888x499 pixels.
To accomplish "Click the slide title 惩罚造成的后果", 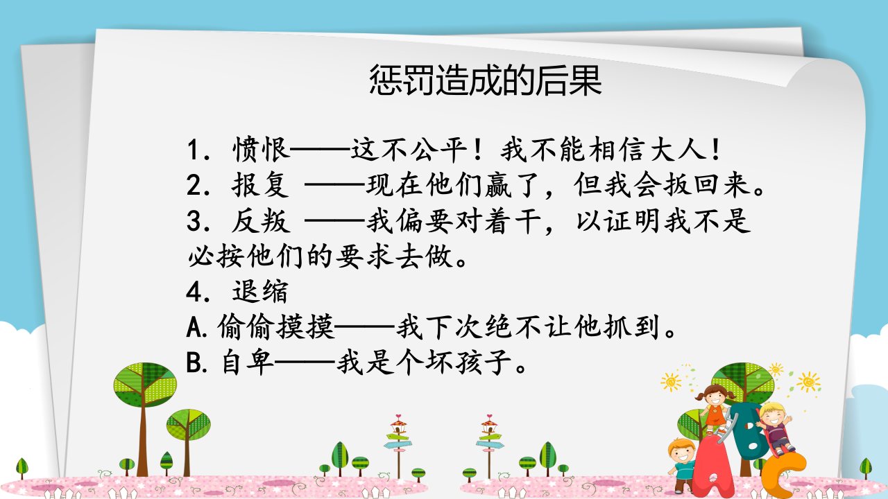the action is tap(486, 80).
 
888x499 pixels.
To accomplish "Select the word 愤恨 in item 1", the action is tap(262, 150).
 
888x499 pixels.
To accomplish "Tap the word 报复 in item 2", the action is tap(260, 185).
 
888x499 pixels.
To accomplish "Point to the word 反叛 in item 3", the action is tap(260, 220).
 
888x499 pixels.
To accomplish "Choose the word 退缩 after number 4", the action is tap(260, 292).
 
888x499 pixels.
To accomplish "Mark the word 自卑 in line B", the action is tap(248, 362).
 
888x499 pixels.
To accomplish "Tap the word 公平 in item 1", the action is tap(439, 150).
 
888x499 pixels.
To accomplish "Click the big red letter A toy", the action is tap(715, 467).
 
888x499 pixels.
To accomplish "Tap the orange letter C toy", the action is tap(786, 476).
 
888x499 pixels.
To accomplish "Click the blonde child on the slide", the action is tap(775, 428).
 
